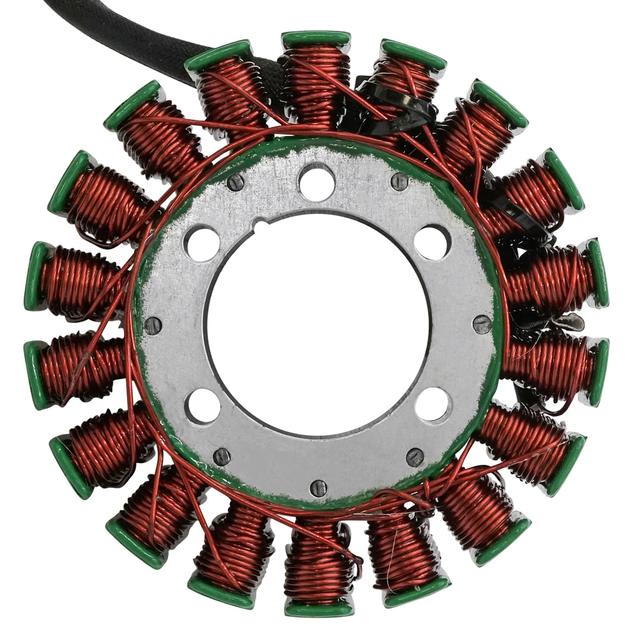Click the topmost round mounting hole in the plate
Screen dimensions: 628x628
pos(317,183)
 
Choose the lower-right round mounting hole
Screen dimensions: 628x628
pos(432,404)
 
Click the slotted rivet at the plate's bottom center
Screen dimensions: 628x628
pos(319,487)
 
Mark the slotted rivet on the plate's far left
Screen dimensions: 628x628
pos(153,325)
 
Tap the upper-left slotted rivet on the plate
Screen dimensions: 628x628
pos(235,183)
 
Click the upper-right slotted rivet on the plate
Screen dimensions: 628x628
pos(400,181)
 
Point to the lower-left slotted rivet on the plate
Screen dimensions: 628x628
pos(222,457)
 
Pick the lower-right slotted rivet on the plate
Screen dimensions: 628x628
pos(415,457)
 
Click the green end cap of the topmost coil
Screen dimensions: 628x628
pos(316,39)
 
